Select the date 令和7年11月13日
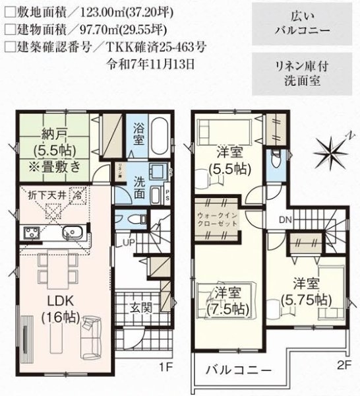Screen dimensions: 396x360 pyautogui.click(x=152, y=64)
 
